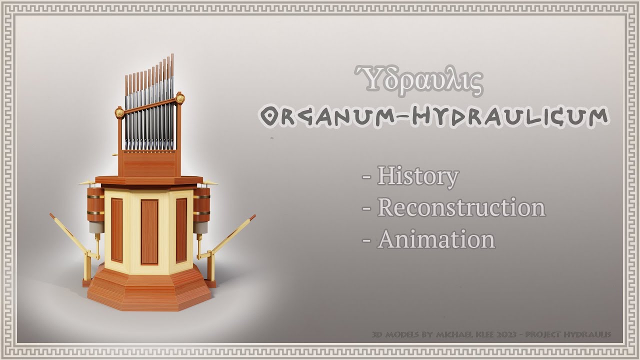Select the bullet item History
click(x=417, y=176)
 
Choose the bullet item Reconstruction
click(x=460, y=207)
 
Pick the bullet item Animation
click(x=436, y=239)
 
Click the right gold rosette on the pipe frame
click(x=180, y=97)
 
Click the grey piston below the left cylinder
click(x=95, y=228)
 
